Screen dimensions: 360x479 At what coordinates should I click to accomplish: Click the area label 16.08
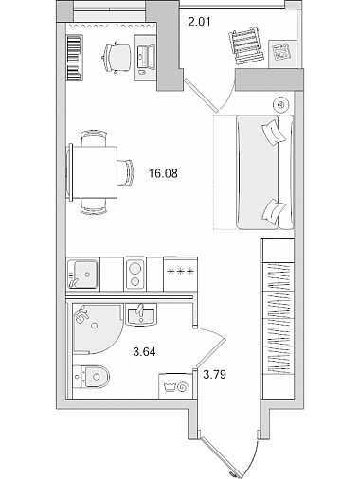163,173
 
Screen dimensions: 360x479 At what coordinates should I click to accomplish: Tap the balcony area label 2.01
199,22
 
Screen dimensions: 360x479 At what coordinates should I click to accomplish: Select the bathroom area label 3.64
144,351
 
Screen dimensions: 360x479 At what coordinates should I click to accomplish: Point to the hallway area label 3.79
215,375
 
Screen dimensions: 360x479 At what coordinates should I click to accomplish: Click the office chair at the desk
116,58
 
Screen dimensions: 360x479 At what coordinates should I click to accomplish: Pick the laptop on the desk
146,57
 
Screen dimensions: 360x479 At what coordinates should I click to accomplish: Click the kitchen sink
82,274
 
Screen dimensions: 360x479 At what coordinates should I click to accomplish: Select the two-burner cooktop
135,274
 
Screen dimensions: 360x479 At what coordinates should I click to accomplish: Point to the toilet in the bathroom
91,376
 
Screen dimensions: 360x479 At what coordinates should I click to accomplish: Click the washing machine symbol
175,386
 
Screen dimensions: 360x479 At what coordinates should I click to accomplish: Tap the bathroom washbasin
141,314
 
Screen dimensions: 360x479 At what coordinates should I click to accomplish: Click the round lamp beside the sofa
281,104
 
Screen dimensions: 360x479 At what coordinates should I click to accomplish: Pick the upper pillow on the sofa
273,132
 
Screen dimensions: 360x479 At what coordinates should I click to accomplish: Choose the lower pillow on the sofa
274,212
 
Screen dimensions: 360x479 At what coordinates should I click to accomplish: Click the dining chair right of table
126,173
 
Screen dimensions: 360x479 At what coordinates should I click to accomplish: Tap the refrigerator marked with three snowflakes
180,274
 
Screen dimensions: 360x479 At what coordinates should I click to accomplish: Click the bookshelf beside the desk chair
75,57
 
